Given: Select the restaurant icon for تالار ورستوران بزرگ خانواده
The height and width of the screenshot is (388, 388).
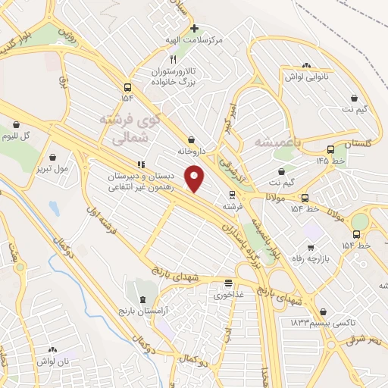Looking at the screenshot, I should point(173,58).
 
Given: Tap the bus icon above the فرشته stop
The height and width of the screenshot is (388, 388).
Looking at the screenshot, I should point(230,194).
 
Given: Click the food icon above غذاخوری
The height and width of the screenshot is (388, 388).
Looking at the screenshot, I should point(227,283).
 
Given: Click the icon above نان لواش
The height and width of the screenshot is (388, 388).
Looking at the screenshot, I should point(53,350).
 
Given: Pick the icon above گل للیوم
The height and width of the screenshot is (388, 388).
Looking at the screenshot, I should point(16,124).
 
